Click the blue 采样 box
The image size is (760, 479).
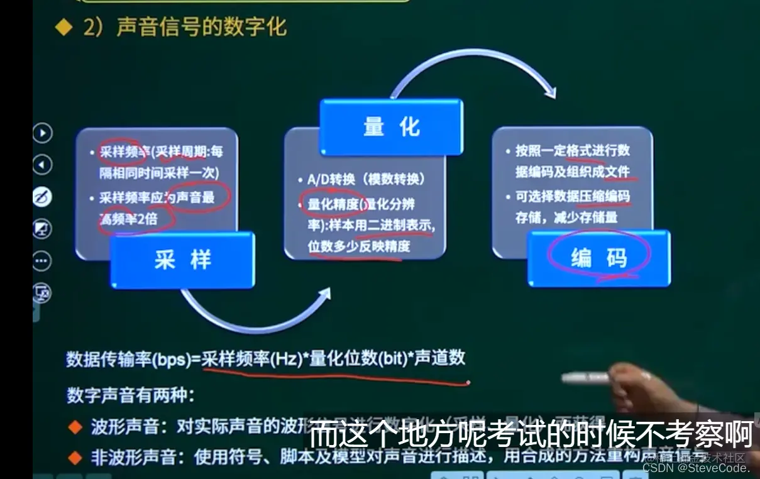click(x=182, y=260)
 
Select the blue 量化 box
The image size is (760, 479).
click(x=391, y=127)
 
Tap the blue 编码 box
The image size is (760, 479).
click(x=598, y=258)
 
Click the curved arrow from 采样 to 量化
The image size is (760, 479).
click(x=251, y=321)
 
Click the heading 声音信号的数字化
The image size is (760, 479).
click(x=201, y=27)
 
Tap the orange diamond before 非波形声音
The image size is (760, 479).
click(x=75, y=458)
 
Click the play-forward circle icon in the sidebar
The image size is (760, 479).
click(x=42, y=133)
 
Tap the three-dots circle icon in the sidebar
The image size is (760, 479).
click(x=42, y=260)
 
